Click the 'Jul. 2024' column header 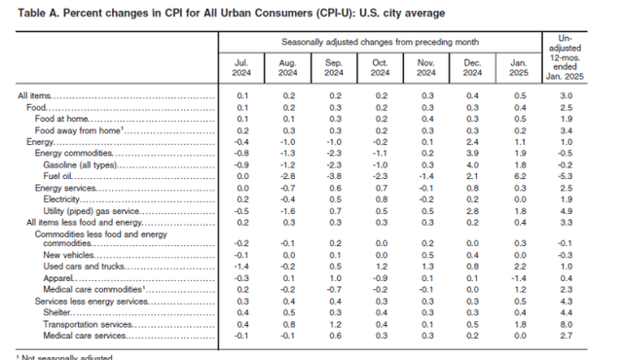pyautogui.click(x=242, y=71)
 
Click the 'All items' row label pyautogui.click(x=35, y=96)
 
